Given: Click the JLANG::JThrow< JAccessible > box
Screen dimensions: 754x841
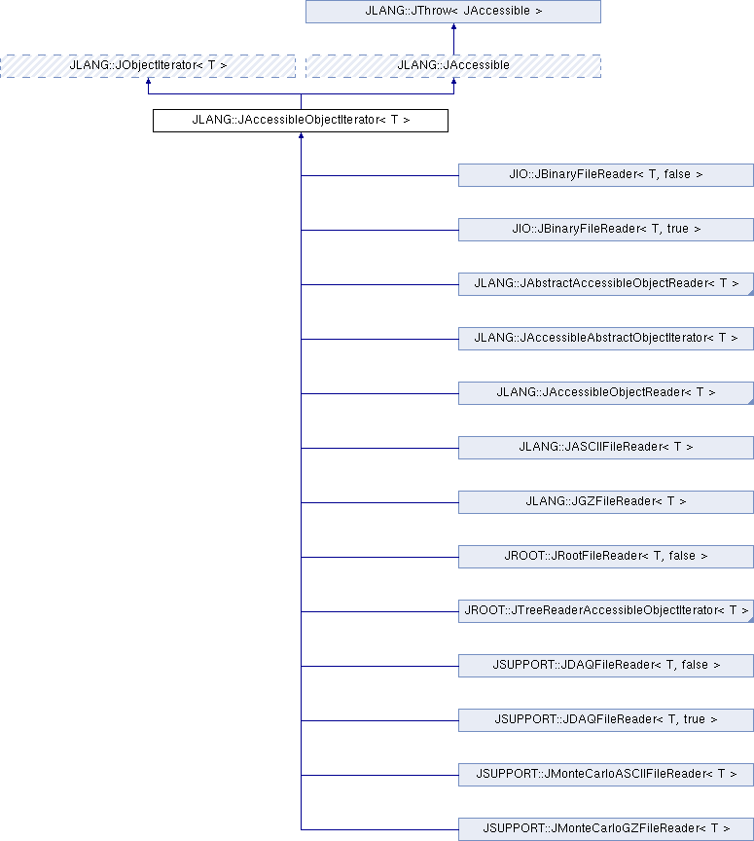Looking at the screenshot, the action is tap(453, 12).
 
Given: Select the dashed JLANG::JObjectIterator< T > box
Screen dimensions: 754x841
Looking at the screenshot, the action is tap(148, 66).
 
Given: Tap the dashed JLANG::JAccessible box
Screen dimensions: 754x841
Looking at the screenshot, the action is tap(453, 66).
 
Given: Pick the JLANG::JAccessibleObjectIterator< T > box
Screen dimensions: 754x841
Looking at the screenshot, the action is tap(301, 121).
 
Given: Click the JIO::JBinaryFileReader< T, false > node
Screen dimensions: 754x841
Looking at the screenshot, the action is tap(606, 175).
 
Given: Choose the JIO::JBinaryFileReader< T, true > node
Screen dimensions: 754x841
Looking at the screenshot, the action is tap(606, 230).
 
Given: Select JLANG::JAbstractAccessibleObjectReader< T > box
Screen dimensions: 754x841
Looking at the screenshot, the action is tap(606, 284).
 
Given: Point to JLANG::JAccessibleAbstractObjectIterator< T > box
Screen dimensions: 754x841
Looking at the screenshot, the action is tap(606, 339).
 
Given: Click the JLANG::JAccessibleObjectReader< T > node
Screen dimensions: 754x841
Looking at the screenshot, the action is tap(606, 393).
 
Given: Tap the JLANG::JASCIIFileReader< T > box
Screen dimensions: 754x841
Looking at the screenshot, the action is tap(606, 448).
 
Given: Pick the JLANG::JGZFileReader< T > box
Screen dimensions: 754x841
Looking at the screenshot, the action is tap(606, 502).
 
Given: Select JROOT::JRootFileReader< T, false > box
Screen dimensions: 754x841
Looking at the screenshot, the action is tap(606, 557).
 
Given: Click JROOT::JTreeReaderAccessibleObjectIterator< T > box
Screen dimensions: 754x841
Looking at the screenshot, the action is tap(606, 611).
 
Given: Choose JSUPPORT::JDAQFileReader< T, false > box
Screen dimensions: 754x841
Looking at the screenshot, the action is tap(606, 666).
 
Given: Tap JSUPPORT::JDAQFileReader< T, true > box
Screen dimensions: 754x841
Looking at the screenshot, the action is tap(606, 720).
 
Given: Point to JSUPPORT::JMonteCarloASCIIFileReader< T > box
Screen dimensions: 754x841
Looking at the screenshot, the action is tap(606, 775).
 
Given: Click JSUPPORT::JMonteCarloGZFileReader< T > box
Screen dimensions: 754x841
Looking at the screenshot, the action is tap(606, 829).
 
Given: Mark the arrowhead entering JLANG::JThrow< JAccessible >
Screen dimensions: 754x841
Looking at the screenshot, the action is tap(453, 26).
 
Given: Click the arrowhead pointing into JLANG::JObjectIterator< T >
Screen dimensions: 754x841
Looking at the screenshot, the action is tap(149, 81).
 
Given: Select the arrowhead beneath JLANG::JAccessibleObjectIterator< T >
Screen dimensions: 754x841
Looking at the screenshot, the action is tap(301, 135).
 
